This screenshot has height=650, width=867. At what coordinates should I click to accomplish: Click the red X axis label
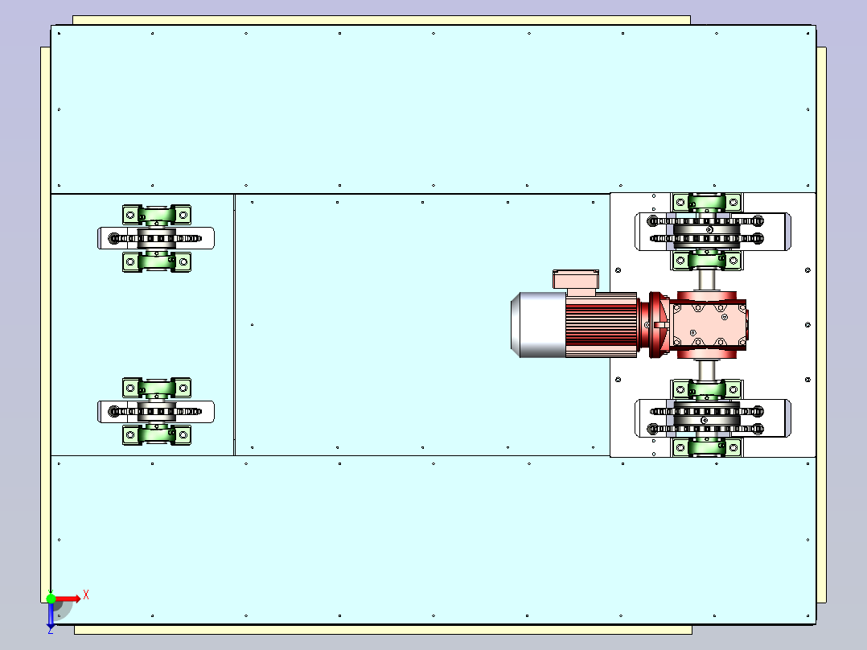86,595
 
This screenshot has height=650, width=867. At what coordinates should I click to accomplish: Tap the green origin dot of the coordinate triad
51,599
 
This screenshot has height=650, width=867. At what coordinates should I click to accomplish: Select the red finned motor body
601,325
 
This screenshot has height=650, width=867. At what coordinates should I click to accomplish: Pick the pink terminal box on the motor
576,282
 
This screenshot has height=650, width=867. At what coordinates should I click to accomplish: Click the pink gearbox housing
708,325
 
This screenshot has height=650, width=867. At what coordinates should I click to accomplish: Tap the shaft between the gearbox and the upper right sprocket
706,280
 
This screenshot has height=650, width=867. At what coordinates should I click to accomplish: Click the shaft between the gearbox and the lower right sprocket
706,369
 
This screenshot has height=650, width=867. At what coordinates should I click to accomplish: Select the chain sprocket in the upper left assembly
157,238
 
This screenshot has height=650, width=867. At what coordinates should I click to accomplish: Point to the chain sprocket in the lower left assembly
157,412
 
